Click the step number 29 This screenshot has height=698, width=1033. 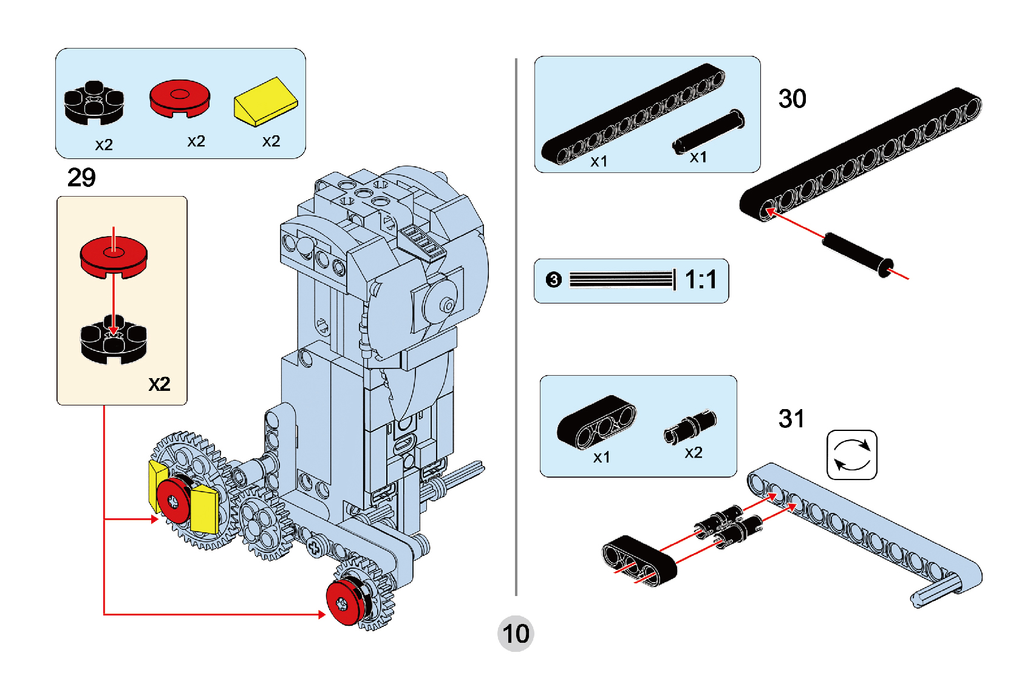(x=81, y=178)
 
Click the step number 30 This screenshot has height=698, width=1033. (x=792, y=99)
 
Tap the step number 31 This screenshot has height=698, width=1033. (x=791, y=419)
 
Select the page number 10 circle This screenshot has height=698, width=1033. (x=516, y=634)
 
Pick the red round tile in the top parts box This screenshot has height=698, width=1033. (x=180, y=98)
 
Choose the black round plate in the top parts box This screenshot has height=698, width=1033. (x=94, y=103)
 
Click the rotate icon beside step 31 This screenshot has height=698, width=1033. (x=851, y=455)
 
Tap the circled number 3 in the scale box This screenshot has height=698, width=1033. (x=553, y=280)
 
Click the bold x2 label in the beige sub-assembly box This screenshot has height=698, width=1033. (x=159, y=384)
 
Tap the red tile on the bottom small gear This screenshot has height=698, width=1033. (x=344, y=602)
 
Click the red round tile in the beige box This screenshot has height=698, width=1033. (x=114, y=255)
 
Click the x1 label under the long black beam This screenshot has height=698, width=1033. (x=599, y=161)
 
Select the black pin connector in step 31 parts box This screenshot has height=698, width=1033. (x=690, y=426)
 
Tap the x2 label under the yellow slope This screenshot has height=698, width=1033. (x=271, y=141)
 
